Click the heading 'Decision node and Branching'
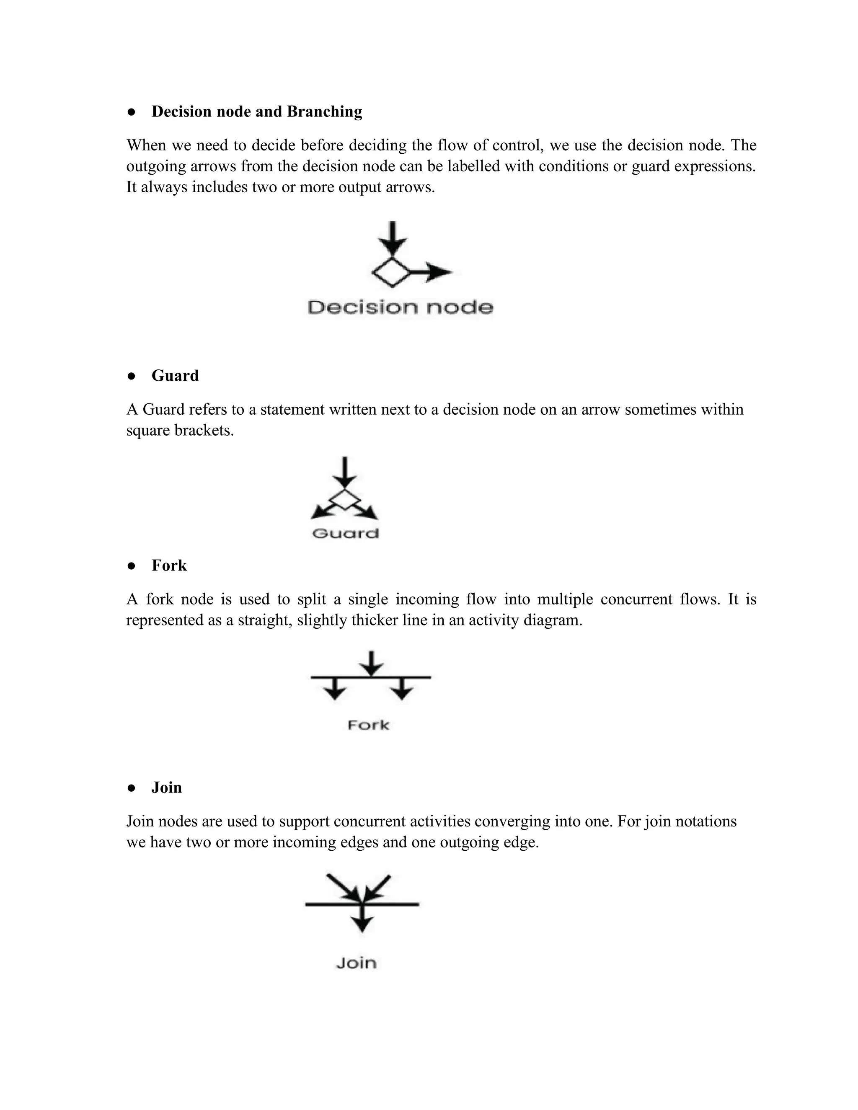[257, 112]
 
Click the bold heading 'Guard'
[175, 376]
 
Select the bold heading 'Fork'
[169, 565]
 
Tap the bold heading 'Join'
[166, 788]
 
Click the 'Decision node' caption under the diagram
[401, 307]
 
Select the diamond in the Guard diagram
[345, 500]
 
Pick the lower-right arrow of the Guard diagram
[369, 512]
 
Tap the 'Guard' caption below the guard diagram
[346, 533]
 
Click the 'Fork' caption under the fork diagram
[369, 725]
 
